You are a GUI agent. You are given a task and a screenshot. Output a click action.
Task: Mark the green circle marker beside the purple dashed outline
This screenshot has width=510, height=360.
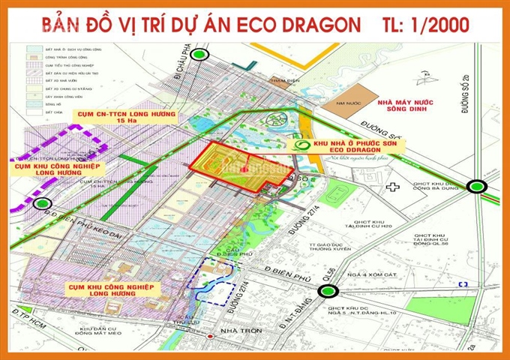42,202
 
